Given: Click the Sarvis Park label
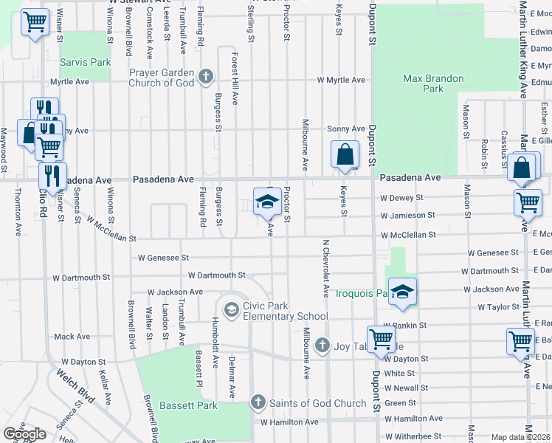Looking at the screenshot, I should pos(86,62).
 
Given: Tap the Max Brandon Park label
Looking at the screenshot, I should pos(433,83).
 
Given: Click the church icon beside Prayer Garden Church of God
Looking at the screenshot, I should pos(206,77).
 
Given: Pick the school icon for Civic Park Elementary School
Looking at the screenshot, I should pos(231,308).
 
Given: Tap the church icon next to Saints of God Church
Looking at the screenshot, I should pos(257,402).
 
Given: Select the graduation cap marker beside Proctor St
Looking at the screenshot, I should pos(267,202).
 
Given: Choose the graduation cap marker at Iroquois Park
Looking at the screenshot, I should pos(402,293).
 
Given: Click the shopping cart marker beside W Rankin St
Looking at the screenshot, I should pos(382,339).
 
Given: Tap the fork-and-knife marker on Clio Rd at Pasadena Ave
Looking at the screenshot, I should pos(52,176).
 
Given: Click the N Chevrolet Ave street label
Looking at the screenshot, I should pos(325,268).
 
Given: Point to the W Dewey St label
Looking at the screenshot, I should pos(401,198).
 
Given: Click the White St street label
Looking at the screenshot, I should pos(399,374).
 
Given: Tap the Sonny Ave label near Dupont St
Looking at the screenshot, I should pos(346,129).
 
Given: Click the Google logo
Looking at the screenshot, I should pos(25,434).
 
